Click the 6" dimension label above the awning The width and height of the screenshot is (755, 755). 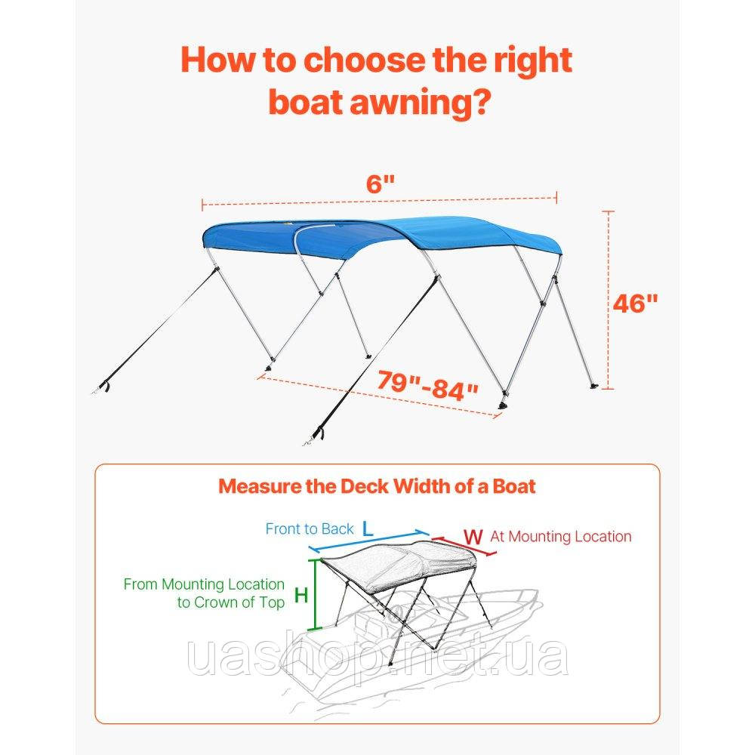(381, 183)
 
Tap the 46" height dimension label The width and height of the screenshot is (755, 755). (635, 304)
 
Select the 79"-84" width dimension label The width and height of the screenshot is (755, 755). (427, 385)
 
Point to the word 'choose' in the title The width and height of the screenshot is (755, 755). (365, 60)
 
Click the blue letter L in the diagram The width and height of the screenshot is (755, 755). (368, 529)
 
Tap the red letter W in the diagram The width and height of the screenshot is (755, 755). (473, 536)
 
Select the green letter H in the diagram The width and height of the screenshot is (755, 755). (301, 596)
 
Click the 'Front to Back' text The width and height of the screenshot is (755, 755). (310, 529)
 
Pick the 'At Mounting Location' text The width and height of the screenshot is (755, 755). (561, 536)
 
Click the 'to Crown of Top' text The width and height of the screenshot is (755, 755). (231, 602)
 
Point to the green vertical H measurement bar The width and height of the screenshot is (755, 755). (315, 594)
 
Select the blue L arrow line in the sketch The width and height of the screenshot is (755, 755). (368, 541)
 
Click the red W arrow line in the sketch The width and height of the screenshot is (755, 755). (464, 547)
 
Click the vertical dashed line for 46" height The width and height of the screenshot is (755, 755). (609, 300)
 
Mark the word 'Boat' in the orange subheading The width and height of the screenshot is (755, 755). (513, 486)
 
